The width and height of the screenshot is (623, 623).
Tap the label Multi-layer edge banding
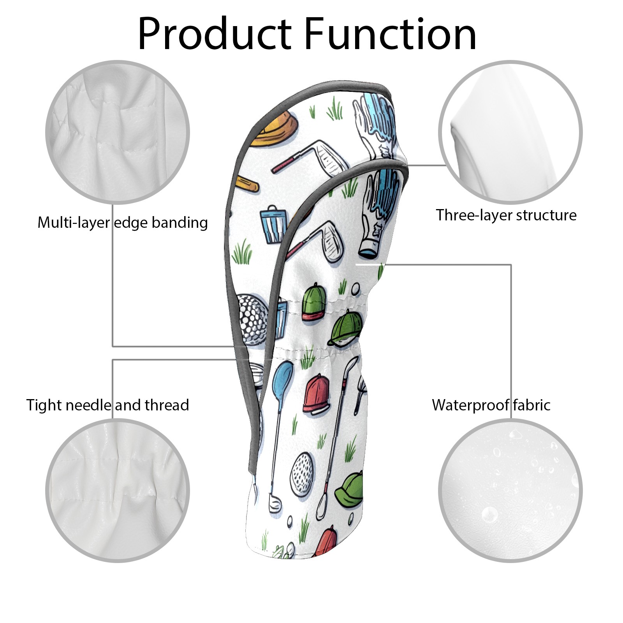point(123,223)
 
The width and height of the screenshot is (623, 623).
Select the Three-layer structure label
point(506,215)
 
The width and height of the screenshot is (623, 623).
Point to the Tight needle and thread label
point(107,405)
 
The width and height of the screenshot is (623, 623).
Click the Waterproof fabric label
point(491,405)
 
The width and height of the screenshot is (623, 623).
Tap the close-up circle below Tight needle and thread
point(118,491)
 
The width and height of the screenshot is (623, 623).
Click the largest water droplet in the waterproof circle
point(489,515)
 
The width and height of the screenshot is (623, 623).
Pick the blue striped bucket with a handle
point(274,224)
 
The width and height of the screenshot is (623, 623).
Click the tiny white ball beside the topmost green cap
point(355,289)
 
